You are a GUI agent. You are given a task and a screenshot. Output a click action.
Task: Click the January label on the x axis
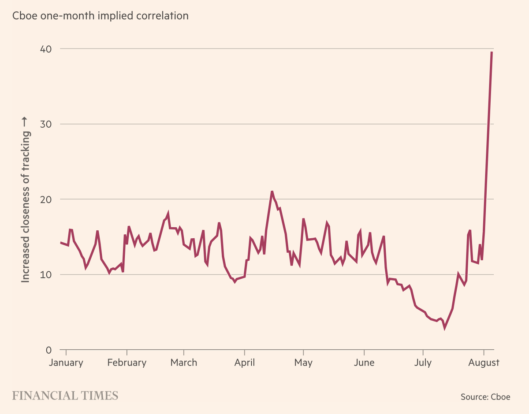pos(66,362)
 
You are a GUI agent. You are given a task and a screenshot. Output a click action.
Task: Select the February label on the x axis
pos(127,362)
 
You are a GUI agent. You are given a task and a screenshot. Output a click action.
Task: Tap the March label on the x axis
pos(183,362)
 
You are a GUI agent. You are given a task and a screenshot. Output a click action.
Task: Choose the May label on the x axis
pos(303,362)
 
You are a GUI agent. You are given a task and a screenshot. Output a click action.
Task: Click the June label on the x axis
pos(364,362)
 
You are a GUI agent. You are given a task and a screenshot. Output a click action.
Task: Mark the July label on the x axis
pos(423,362)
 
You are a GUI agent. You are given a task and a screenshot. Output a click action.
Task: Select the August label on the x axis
pos(484,362)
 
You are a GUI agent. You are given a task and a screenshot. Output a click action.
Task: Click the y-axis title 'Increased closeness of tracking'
pos(26,200)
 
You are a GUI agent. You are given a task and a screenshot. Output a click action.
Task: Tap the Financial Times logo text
pos(65,395)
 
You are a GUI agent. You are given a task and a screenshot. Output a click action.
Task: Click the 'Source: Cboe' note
pos(485,396)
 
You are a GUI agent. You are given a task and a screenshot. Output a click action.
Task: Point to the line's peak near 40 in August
pos(492,52)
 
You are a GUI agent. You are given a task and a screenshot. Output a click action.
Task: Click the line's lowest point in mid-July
pos(444,328)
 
